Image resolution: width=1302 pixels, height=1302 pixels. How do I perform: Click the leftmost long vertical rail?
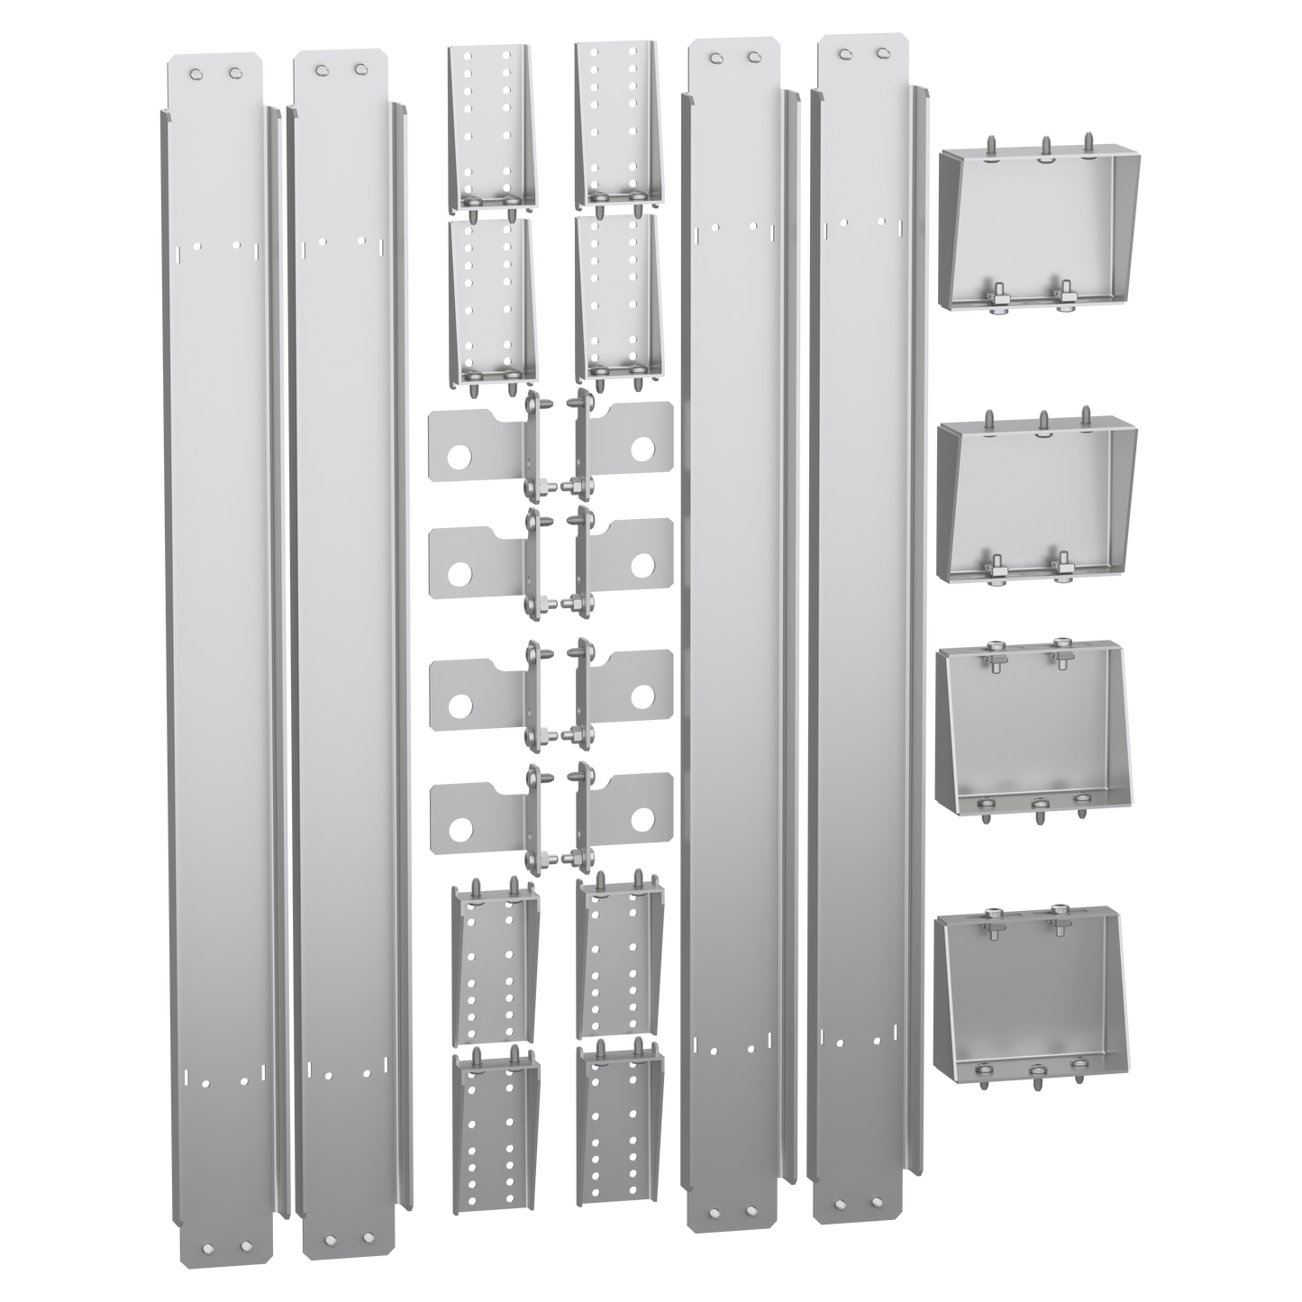pos(216,631)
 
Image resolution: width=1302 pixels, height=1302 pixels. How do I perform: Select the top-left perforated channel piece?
pos(492,126)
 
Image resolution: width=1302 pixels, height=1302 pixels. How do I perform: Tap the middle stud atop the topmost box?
pos(1045,144)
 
